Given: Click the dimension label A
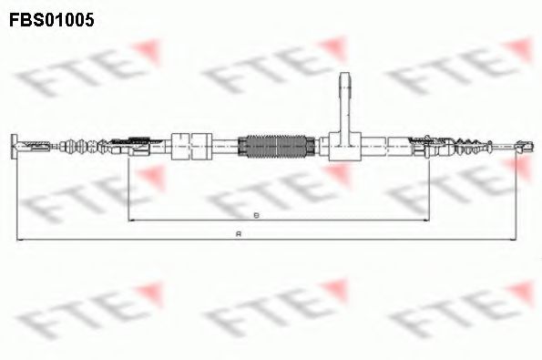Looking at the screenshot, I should point(238,233).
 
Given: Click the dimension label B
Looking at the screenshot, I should point(257,214).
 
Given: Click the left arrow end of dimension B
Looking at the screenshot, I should point(130,220).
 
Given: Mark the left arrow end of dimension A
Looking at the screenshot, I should point(15,239).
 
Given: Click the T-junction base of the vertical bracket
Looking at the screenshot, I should point(344,146).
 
